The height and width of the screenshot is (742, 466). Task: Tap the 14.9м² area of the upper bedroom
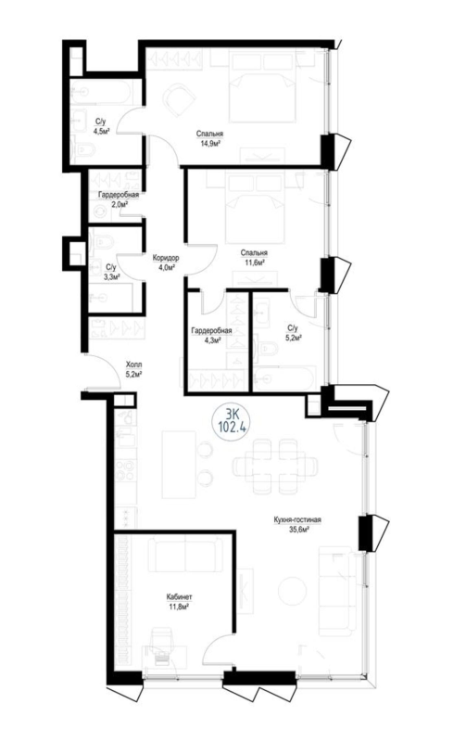(210, 143)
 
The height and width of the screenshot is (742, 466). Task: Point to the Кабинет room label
(178, 597)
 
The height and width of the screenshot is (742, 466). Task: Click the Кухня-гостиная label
(297, 520)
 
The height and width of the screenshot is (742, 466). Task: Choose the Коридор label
(166, 258)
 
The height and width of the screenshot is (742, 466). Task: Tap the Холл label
(133, 365)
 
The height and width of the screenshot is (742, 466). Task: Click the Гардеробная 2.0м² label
(119, 199)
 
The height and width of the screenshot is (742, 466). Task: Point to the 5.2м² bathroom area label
(293, 338)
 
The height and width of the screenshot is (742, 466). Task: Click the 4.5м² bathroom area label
(102, 131)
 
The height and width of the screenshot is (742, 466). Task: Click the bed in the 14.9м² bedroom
(258, 86)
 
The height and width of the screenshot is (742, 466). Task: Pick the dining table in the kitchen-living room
(276, 467)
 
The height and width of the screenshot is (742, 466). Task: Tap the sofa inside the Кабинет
(185, 554)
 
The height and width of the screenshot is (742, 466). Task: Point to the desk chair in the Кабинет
(164, 647)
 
